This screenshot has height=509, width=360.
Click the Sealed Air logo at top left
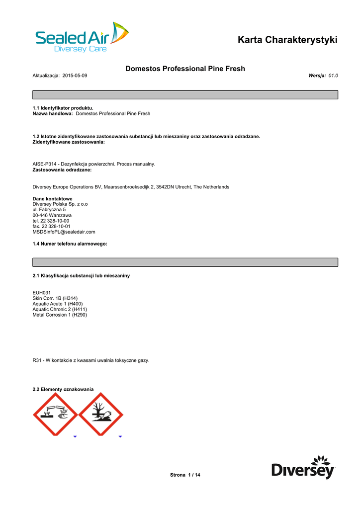tap(82, 38)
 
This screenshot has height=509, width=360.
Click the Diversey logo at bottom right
tap(303, 467)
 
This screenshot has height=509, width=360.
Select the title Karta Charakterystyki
tap(287, 40)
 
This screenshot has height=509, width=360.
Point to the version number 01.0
tap(333, 75)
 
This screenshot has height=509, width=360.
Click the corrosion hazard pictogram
tap(55, 414)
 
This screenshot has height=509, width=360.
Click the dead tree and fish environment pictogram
tap(101, 414)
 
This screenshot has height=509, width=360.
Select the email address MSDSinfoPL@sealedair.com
tap(64, 232)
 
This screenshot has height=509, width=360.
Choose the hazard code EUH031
tap(42, 293)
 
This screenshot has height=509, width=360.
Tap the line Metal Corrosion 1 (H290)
tap(60, 315)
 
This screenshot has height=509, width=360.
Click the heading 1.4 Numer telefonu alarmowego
tap(70, 244)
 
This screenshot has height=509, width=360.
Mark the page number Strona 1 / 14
tap(185, 475)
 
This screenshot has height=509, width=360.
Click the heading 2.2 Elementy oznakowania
tap(63, 389)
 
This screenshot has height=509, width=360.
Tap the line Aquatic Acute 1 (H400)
tap(58, 304)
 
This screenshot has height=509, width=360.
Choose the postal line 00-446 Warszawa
tap(52, 215)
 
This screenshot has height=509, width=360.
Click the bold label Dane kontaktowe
tap(52, 199)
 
